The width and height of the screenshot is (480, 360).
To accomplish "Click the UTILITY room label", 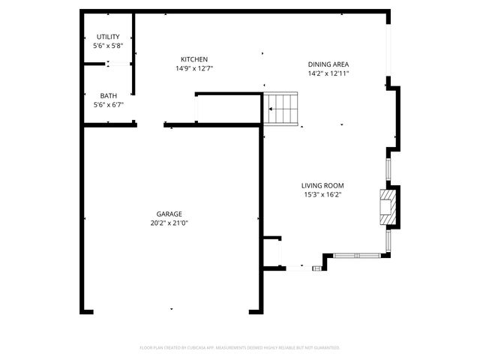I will coord(108,37).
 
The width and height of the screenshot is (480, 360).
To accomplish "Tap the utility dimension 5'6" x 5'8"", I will coord(108,46).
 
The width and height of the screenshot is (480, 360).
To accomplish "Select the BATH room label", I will coord(108,95).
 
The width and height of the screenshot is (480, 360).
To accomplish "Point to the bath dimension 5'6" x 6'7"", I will coord(108,105).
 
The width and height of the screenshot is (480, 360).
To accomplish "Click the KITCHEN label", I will coord(193,59).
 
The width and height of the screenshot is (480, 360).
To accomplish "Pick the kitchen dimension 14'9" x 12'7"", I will coord(193,69).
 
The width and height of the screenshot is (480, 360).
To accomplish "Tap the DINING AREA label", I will coord(328,64).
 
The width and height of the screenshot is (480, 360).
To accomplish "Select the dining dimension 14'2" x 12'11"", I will coord(328,73).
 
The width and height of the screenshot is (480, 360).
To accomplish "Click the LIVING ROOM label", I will coord(322,185).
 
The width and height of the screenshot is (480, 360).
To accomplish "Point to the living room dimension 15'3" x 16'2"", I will coord(322,195).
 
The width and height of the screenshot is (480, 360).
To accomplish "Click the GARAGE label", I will coord(169,213).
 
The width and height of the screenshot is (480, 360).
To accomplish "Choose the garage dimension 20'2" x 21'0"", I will coord(169,223).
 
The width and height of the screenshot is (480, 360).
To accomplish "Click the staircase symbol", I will coord(283,109).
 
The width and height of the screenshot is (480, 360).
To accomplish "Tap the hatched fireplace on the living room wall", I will coord(387,207).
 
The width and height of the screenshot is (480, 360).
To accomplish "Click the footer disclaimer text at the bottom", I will coord(240,348).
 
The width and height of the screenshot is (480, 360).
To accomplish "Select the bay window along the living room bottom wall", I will coord(357,255).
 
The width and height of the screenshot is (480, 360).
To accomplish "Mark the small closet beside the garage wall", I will coord(272,252).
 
